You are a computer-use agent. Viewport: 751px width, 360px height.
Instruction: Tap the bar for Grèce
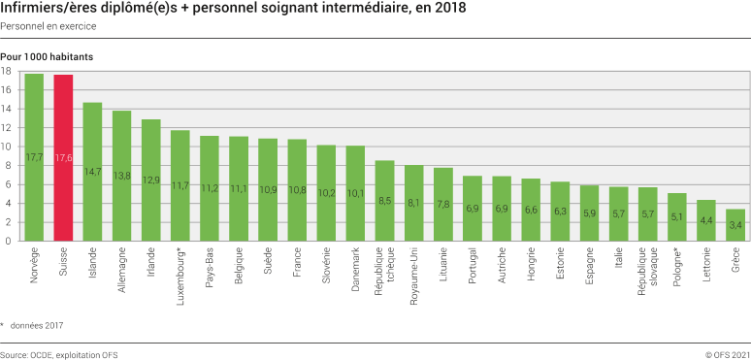click(x=735, y=224)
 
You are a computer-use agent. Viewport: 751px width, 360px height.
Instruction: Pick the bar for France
click(x=297, y=189)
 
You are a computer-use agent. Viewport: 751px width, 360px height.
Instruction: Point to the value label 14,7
click(x=93, y=172)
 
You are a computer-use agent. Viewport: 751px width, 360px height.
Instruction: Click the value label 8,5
click(x=385, y=201)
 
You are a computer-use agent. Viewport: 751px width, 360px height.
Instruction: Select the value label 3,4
click(x=735, y=225)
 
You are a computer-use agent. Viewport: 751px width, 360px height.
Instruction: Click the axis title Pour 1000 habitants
click(x=47, y=57)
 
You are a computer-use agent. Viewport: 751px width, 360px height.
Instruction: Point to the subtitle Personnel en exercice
click(x=41, y=24)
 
